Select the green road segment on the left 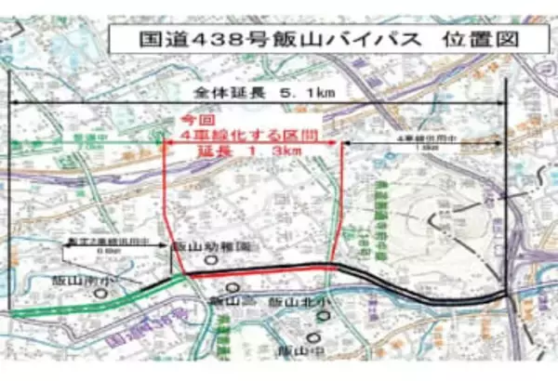tap(93, 303)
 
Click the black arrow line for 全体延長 tap(258, 103)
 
